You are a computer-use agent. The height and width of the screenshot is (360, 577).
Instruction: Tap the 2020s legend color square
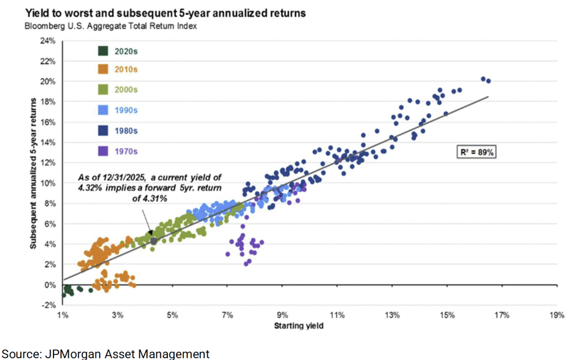tap(103, 51)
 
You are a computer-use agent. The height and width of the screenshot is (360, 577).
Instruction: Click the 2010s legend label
tap(126, 70)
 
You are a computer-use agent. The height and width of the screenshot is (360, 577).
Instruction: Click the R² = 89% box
tap(476, 152)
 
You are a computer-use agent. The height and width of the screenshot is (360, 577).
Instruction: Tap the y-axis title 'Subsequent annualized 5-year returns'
tap(37, 172)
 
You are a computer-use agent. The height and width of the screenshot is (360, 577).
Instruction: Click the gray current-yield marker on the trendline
tap(153, 241)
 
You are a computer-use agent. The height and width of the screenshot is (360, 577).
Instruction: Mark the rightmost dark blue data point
tap(489, 81)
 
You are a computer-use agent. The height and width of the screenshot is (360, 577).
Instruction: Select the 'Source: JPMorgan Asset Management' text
tap(105, 353)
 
